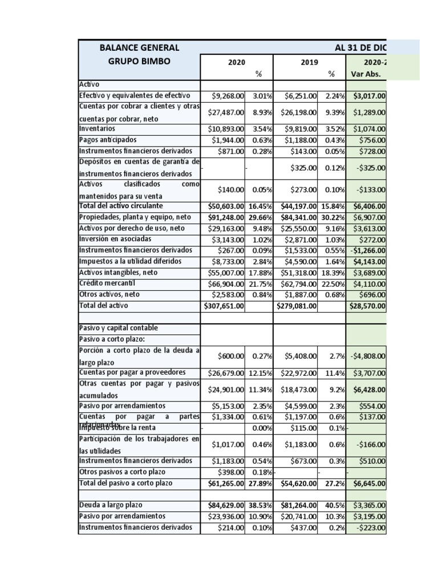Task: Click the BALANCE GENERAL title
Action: (x=139, y=48)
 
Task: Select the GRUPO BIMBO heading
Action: (x=139, y=61)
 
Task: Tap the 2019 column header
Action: (x=310, y=62)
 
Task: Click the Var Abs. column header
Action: (x=366, y=74)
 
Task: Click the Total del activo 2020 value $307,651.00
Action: (x=224, y=306)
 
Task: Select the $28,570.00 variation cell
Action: (x=367, y=306)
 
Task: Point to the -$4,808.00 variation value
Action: (x=367, y=356)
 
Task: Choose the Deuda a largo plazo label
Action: (x=111, y=505)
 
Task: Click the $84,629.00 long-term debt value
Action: (x=226, y=505)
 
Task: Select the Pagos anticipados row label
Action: (x=108, y=140)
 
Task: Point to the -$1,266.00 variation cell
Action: (x=367, y=250)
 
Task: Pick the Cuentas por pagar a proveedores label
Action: (x=124, y=372)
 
